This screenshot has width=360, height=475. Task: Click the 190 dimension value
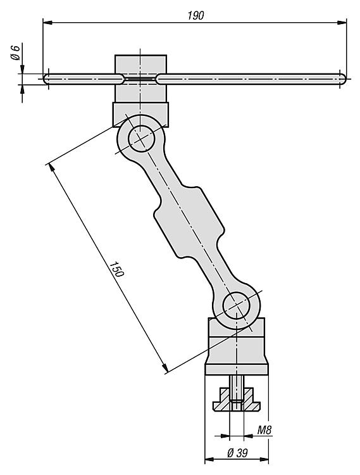point(196,15)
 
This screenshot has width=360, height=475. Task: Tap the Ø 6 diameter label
point(15,52)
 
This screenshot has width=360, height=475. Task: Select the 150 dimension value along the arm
point(117,269)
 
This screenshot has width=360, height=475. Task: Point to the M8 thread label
point(264,430)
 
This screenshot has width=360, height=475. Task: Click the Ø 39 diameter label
point(237,453)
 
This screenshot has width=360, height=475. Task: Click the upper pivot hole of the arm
point(142,139)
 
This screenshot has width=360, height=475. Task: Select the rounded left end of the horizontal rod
point(46,79)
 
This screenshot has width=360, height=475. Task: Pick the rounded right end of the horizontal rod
point(342,79)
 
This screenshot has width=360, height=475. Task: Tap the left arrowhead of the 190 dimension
point(47,22)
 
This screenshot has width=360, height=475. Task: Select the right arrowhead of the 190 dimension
point(342,22)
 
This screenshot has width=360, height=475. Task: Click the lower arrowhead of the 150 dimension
point(165,367)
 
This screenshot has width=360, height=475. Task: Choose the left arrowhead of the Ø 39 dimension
point(209,460)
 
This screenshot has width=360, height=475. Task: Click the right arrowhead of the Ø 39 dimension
point(264,460)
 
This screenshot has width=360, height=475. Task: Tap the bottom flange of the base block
point(237,369)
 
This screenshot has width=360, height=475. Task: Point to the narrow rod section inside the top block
point(140,79)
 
